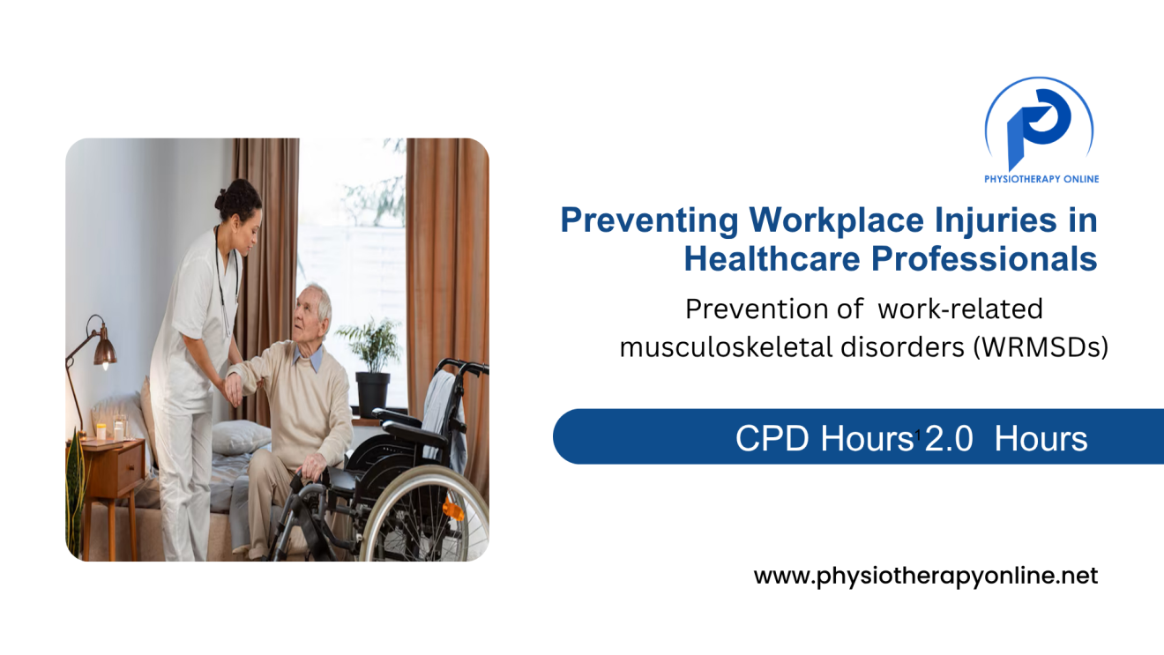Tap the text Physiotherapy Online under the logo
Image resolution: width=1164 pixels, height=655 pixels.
pyautogui.click(x=1041, y=179)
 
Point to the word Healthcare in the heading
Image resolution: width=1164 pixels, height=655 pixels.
pyautogui.click(x=771, y=258)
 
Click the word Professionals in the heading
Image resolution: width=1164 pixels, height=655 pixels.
pyautogui.click(x=984, y=258)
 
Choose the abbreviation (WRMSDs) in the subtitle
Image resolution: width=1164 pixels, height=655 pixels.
pyautogui.click(x=1041, y=347)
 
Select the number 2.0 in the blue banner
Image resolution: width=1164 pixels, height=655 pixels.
pyautogui.click(x=948, y=438)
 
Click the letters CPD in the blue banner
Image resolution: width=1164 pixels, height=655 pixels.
pyautogui.click(x=773, y=438)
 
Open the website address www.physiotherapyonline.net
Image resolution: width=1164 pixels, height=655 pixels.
pyautogui.click(x=925, y=577)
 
